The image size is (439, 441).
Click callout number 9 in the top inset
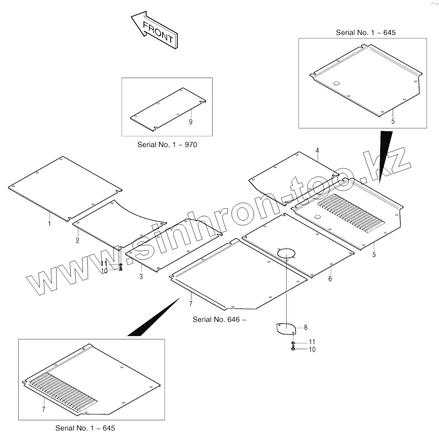(x=191, y=122)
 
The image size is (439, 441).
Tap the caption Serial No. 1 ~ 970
(x=167, y=145)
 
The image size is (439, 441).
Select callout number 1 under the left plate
(x=50, y=224)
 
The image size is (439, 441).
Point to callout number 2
(x=77, y=240)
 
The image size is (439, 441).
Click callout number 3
(x=141, y=277)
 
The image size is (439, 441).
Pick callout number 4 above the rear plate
(x=317, y=151)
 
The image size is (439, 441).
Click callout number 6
(x=330, y=279)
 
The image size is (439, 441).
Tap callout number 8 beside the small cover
(x=306, y=327)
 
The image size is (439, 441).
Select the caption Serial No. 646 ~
(x=219, y=319)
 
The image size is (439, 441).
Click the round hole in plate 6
(x=286, y=252)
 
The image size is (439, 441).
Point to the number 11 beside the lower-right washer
(x=312, y=342)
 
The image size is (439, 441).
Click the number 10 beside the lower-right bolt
(x=312, y=350)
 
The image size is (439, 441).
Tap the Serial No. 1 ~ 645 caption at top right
(x=365, y=33)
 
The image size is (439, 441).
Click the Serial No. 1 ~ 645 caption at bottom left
(x=85, y=428)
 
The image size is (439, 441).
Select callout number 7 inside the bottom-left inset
(x=43, y=409)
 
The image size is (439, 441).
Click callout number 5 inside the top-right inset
(x=393, y=121)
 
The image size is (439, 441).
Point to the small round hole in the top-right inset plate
(x=336, y=84)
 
